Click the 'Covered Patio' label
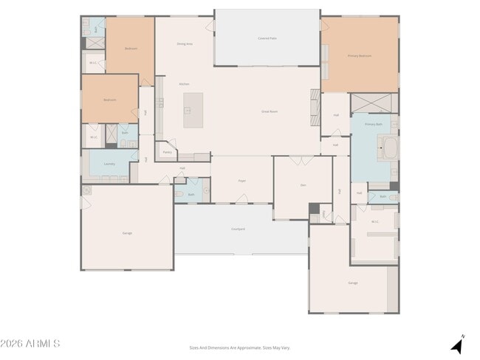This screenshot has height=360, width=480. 267,38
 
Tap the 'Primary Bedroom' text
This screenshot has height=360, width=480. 359,55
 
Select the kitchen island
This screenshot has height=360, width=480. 193,111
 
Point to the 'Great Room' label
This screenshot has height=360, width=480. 269,111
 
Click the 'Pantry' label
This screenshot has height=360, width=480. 168,152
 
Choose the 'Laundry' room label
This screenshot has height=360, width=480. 109,165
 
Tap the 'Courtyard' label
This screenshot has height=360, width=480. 238,229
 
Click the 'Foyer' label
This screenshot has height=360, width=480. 241,180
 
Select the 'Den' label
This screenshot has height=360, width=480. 303,184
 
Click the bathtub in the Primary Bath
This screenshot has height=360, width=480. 388,151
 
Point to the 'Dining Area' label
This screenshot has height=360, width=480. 185,44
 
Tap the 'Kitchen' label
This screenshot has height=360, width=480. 185,84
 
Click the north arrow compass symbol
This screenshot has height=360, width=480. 458,345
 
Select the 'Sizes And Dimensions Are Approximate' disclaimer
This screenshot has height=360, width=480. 240,347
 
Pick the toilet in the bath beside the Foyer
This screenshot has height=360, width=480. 179,194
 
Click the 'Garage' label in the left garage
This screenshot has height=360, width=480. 127,233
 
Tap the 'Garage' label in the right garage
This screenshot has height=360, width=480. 353,283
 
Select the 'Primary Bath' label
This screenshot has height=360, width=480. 374,124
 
